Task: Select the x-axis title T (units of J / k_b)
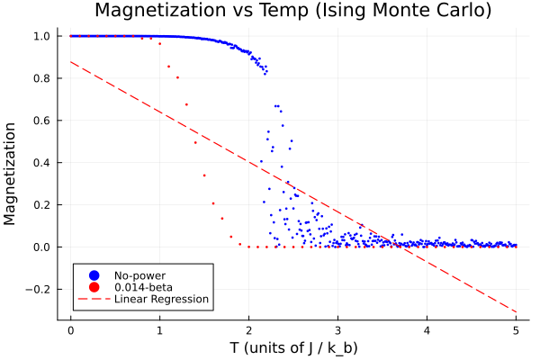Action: click(293, 347)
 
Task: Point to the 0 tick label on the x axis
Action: click(70, 329)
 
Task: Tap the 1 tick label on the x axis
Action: click(159, 329)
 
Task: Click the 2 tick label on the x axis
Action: click(248, 329)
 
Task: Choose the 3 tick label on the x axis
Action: click(337, 329)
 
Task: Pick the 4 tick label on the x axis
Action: click(427, 329)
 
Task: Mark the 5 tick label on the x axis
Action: click(516, 329)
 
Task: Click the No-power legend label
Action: click(139, 274)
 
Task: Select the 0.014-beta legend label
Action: click(144, 286)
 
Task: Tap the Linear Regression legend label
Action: click(161, 299)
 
